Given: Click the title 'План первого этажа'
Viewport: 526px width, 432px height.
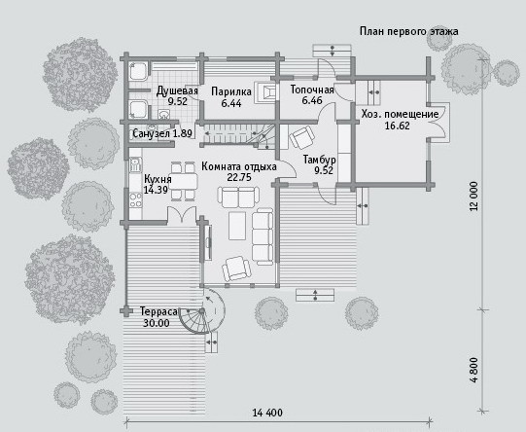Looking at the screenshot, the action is tap(409, 31).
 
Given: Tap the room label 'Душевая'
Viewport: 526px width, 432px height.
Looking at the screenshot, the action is tap(177, 90).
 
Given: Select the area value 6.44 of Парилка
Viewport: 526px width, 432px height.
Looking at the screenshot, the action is tap(231, 103).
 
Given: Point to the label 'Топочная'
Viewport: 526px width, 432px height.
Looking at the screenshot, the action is tap(312, 90).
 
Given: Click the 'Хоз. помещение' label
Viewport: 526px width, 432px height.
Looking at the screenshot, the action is tap(400, 115).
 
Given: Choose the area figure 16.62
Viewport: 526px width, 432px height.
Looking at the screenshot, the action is tap(398, 126).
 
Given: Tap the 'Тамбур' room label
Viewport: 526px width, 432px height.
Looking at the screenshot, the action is tap(319, 160).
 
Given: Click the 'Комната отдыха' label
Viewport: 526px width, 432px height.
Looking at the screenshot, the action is tap(239, 166).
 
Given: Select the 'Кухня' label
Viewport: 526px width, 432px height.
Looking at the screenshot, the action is tap(158, 179).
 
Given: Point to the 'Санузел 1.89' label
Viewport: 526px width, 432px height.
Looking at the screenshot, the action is tap(162, 133).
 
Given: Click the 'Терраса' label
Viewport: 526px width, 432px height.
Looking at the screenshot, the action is tap(158, 311).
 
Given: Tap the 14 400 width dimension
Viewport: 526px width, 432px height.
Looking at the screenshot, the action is tap(267, 413).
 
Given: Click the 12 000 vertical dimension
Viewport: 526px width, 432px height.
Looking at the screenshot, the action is tap(473, 196).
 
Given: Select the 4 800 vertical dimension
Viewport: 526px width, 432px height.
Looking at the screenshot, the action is tap(473, 370).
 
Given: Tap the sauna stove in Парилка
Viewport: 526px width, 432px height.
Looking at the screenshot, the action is tap(266, 92).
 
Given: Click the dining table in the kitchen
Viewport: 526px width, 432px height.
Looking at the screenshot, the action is tap(184, 182).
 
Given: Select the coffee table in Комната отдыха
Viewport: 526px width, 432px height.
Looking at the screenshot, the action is tap(237, 226).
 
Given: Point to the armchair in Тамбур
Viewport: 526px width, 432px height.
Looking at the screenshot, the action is tap(302, 137).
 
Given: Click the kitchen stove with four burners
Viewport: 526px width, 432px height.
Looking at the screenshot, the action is tap(135, 200).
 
